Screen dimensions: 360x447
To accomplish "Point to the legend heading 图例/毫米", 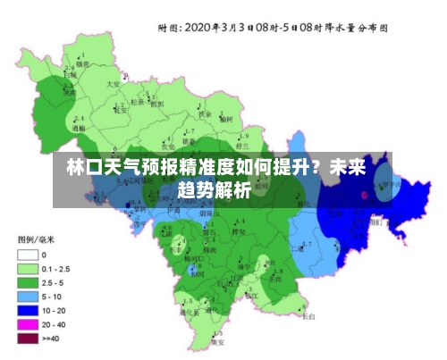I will (x=38, y=239).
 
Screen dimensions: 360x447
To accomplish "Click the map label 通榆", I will (x=79, y=128).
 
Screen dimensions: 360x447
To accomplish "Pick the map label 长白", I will (x=308, y=315).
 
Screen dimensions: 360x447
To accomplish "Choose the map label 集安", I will (x=217, y=341).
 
